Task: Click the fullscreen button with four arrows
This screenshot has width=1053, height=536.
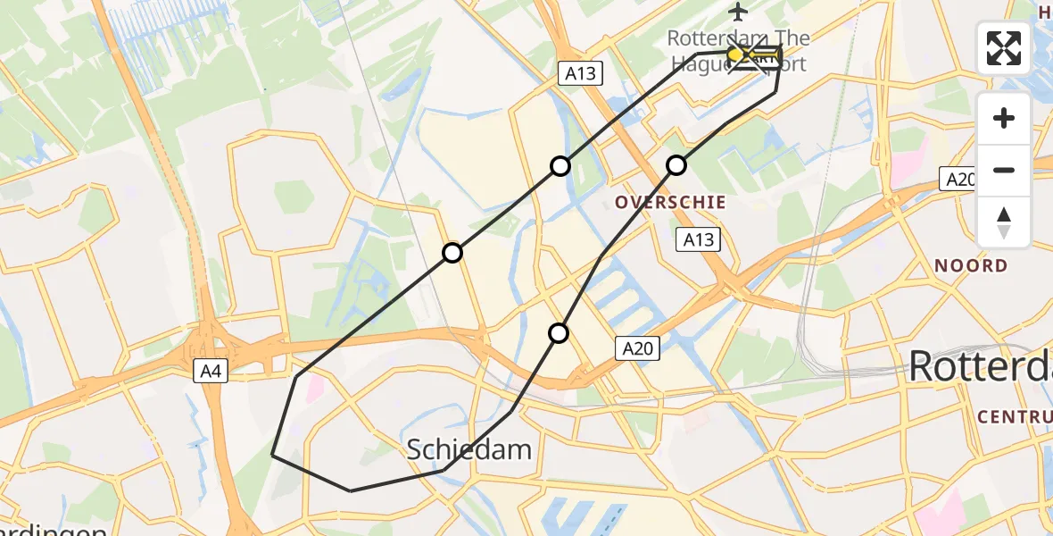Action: coord(1004,47)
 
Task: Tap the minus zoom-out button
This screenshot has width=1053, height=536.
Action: coord(1004,170)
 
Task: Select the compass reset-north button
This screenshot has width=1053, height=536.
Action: coord(1004,222)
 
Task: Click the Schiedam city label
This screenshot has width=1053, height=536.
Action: coord(469,449)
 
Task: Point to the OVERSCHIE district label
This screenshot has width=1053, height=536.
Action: coord(669,202)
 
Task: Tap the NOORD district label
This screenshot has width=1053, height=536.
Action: coord(970,265)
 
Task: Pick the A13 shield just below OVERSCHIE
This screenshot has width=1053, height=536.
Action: coord(699,239)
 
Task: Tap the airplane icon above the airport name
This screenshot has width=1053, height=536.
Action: coord(738,12)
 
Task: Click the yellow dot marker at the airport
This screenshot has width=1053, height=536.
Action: coord(735,55)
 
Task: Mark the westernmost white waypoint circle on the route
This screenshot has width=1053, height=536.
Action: coord(452,253)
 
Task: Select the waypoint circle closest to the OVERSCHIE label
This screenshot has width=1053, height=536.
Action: coord(676,165)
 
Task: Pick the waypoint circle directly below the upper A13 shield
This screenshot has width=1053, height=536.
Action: coord(560,166)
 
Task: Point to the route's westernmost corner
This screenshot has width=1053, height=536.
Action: coord(272,455)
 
